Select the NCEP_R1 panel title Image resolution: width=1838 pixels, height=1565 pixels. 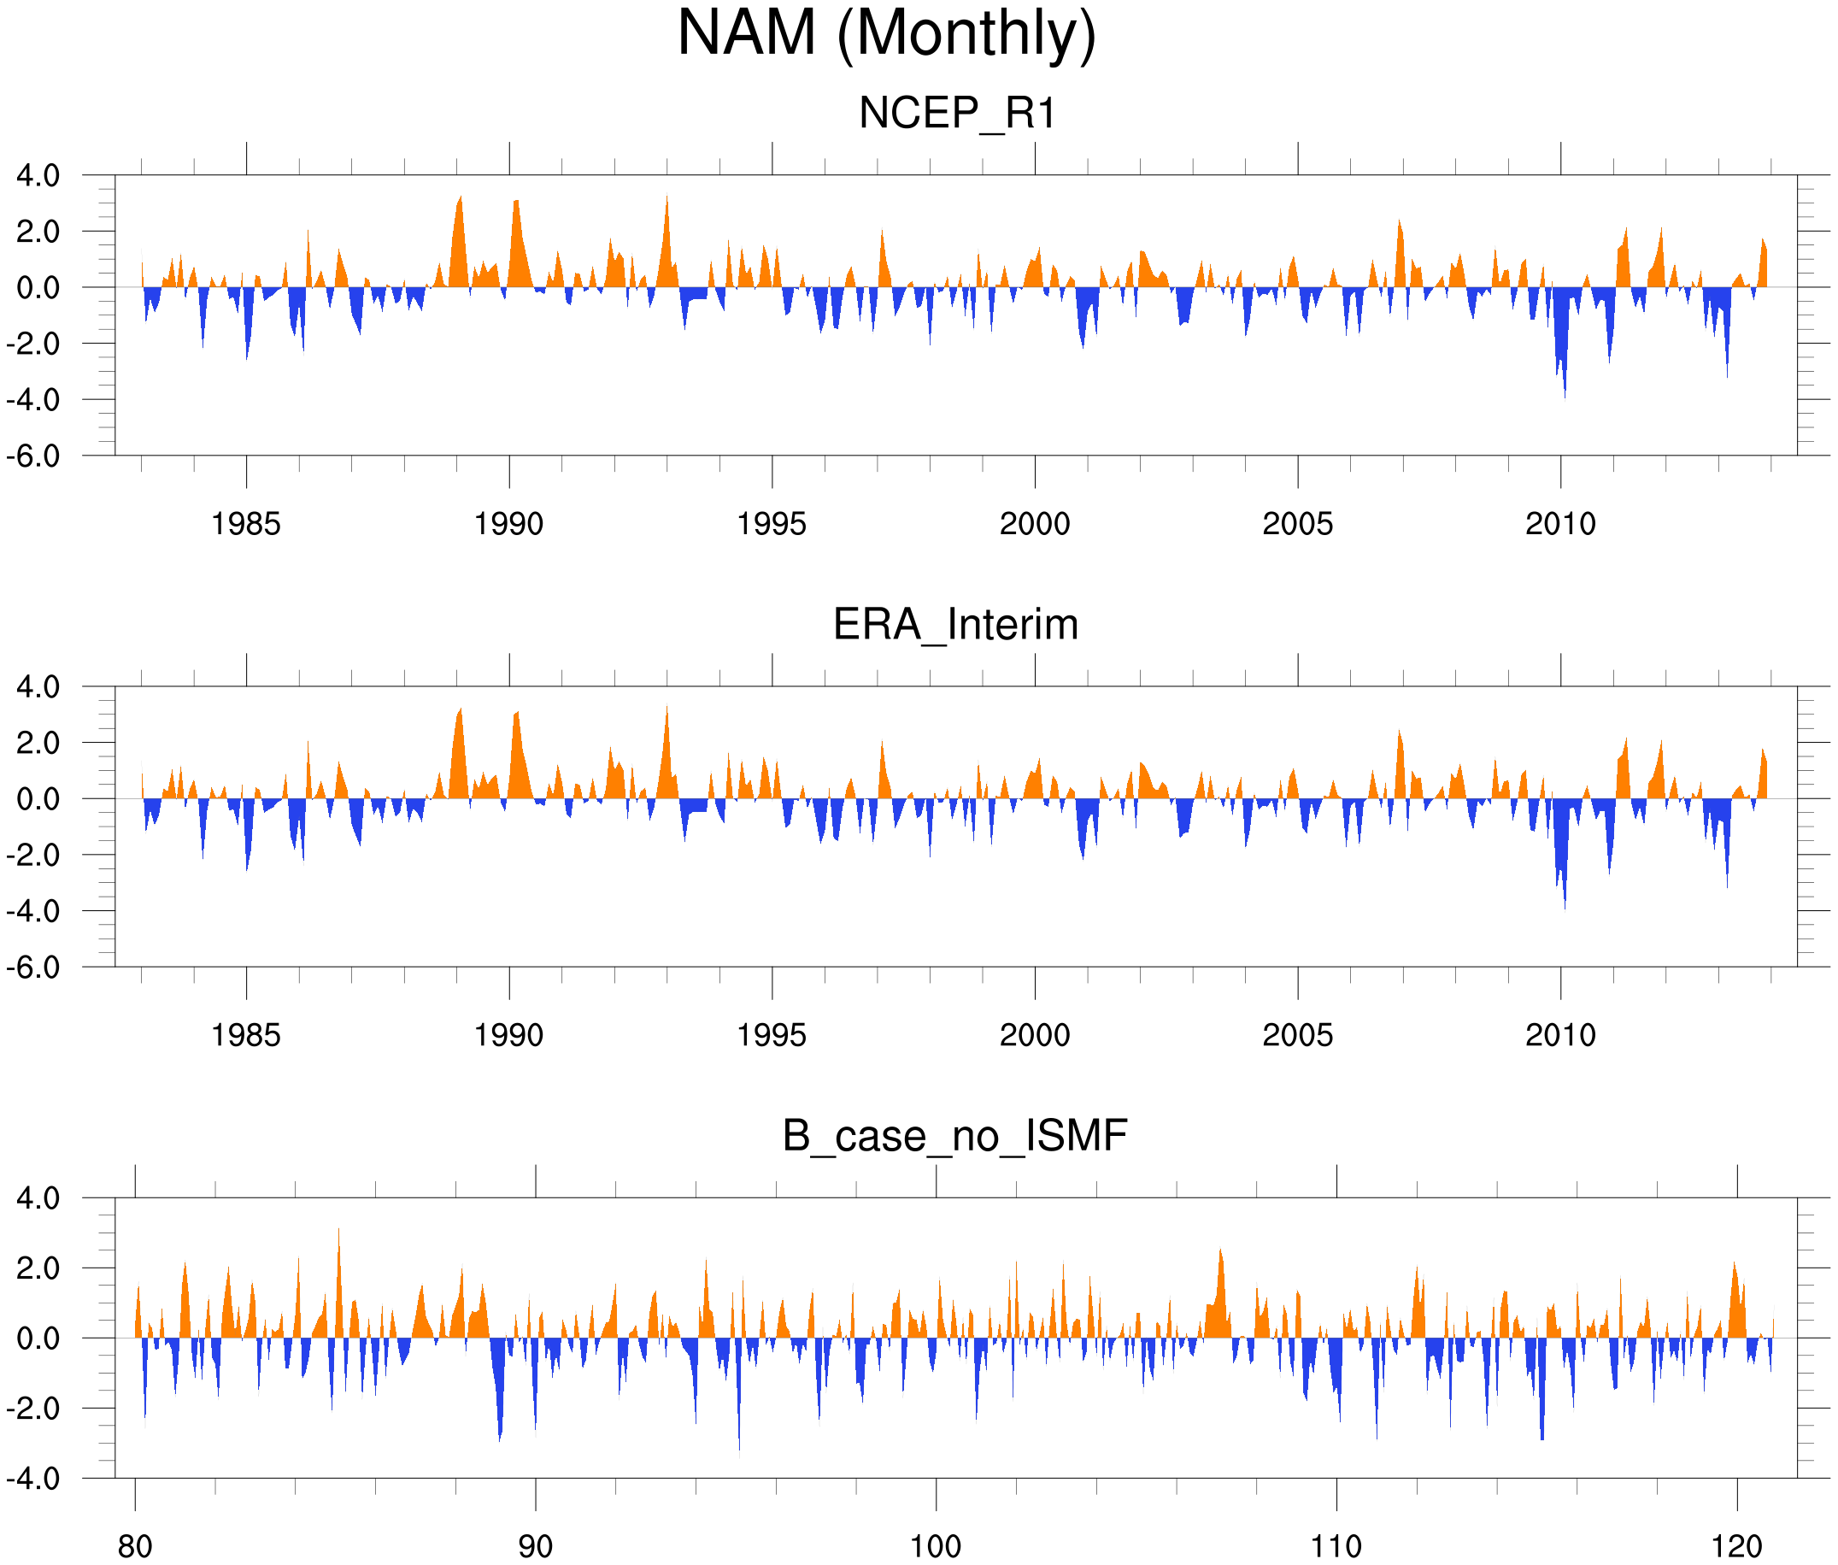coord(957,114)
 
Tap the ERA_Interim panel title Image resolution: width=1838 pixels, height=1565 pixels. coord(955,625)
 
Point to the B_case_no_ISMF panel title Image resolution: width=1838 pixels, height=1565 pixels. coord(954,1137)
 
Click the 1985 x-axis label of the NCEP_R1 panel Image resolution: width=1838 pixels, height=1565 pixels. coord(246,524)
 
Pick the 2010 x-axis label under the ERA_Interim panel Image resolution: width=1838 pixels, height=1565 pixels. coord(1560,1035)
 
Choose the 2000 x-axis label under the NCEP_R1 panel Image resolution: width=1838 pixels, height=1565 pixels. coord(1034,524)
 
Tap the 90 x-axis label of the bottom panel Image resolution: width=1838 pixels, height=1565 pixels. coord(535,1546)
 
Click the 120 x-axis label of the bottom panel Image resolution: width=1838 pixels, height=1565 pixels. coord(1736,1546)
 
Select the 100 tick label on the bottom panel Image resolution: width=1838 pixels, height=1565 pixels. coord(936,1546)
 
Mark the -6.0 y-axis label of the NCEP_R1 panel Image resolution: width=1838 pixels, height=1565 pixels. coord(32,456)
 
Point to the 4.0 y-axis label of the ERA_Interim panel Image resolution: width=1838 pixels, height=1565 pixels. coord(38,686)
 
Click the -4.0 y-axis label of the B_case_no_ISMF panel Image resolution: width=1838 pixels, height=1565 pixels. coord(32,1479)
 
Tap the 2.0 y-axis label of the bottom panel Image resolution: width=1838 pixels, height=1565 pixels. coord(38,1268)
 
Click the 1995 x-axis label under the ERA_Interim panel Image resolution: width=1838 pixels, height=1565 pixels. coord(772,1035)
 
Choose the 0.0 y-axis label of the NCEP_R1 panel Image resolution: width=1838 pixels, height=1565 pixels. coord(38,287)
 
